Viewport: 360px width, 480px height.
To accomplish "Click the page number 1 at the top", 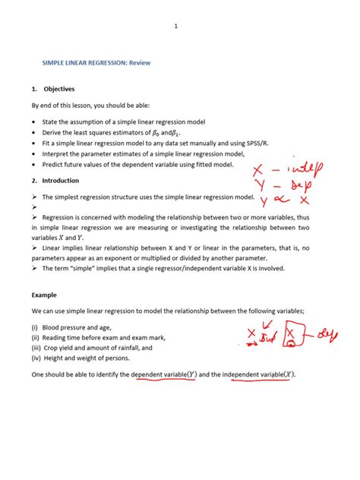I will [x=176, y=26].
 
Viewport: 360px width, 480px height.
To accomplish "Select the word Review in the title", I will [x=140, y=63].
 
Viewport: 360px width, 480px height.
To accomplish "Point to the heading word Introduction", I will [x=61, y=180].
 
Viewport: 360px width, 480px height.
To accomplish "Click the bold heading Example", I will [x=44, y=294].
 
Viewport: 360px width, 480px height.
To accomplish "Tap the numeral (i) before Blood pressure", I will [x=35, y=327].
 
